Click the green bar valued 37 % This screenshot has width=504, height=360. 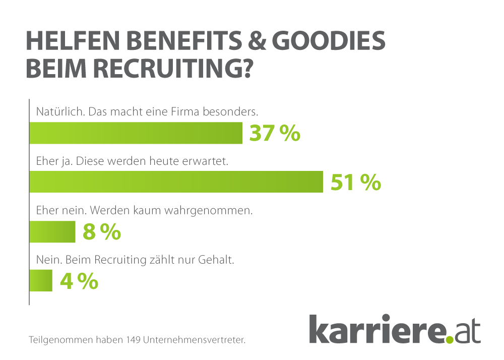click(x=136, y=134)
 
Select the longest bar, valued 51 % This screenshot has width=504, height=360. click(x=176, y=182)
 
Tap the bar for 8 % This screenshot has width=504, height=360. click(x=52, y=232)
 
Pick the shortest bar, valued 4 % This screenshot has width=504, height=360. click(x=41, y=281)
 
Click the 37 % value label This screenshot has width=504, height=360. click(x=275, y=134)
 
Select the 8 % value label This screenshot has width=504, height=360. click(x=101, y=232)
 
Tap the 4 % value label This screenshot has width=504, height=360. click(x=79, y=281)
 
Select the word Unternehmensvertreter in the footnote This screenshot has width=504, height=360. click(x=195, y=340)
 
